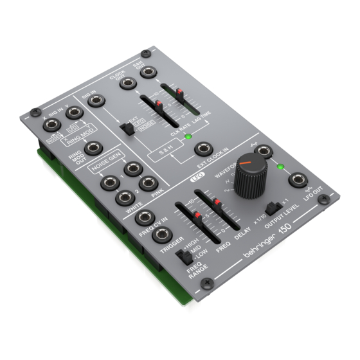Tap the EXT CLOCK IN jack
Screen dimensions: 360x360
coord(203,150)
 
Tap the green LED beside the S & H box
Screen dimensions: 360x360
coord(187,137)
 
